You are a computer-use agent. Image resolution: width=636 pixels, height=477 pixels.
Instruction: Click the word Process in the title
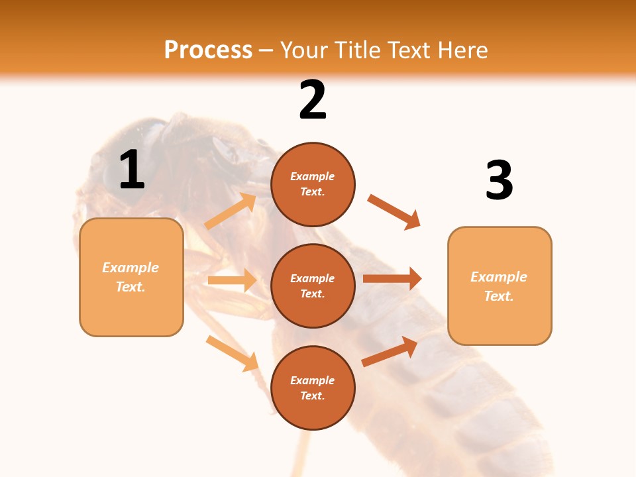(208, 50)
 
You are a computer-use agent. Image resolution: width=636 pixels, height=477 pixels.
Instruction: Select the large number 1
(132, 170)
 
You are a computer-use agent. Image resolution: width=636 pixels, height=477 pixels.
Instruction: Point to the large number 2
(313, 101)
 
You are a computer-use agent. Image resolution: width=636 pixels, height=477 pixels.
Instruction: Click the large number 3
(499, 181)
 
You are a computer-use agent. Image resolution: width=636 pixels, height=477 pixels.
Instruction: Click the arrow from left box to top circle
(231, 211)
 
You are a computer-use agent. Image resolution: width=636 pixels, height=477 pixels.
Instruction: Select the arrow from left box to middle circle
(232, 280)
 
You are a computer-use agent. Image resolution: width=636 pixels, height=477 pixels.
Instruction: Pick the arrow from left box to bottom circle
(232, 353)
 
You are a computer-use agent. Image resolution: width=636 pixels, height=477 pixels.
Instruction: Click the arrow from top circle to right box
(394, 212)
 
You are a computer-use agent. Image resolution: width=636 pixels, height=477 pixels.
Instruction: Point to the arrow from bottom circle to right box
(390, 351)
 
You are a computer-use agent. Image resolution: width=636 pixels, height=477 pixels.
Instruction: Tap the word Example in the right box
(499, 277)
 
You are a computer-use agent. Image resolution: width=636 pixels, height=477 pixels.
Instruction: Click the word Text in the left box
(131, 287)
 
